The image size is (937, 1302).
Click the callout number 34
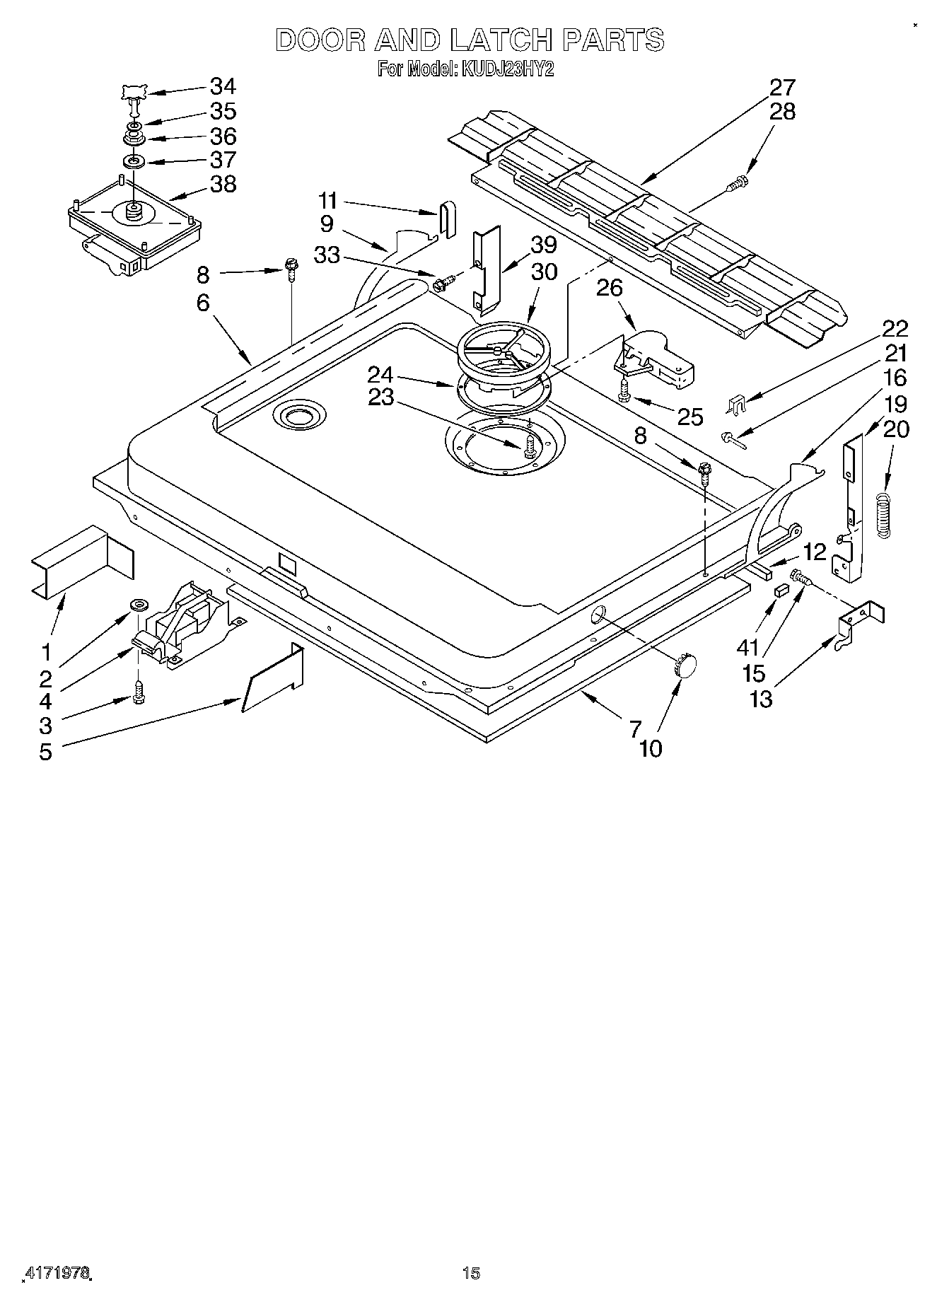(x=223, y=86)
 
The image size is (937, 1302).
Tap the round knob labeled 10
(x=684, y=665)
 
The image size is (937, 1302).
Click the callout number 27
(x=782, y=88)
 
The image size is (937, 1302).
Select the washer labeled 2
(x=139, y=605)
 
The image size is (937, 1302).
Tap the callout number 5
(x=45, y=752)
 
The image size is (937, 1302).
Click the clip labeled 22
(x=736, y=405)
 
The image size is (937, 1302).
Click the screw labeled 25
(x=624, y=390)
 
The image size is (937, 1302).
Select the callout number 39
(x=543, y=245)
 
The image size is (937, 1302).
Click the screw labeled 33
(x=440, y=284)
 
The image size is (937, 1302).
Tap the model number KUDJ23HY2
(x=504, y=69)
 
